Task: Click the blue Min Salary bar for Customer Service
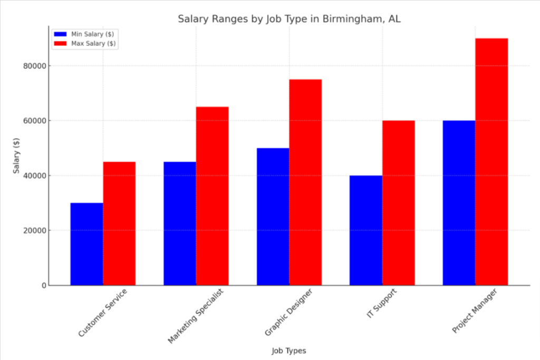86,244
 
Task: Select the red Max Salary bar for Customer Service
119,223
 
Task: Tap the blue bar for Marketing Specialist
180,223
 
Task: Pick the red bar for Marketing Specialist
213,196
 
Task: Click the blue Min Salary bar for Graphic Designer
273,217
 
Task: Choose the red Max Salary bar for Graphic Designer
305,182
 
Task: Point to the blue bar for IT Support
366,230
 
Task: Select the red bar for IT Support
399,203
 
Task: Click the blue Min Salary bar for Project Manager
459,203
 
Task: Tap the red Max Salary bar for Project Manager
491,162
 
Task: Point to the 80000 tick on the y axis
33,66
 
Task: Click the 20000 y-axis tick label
33,230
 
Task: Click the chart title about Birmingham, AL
288,20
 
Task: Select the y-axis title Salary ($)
17,155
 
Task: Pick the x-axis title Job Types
288,351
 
